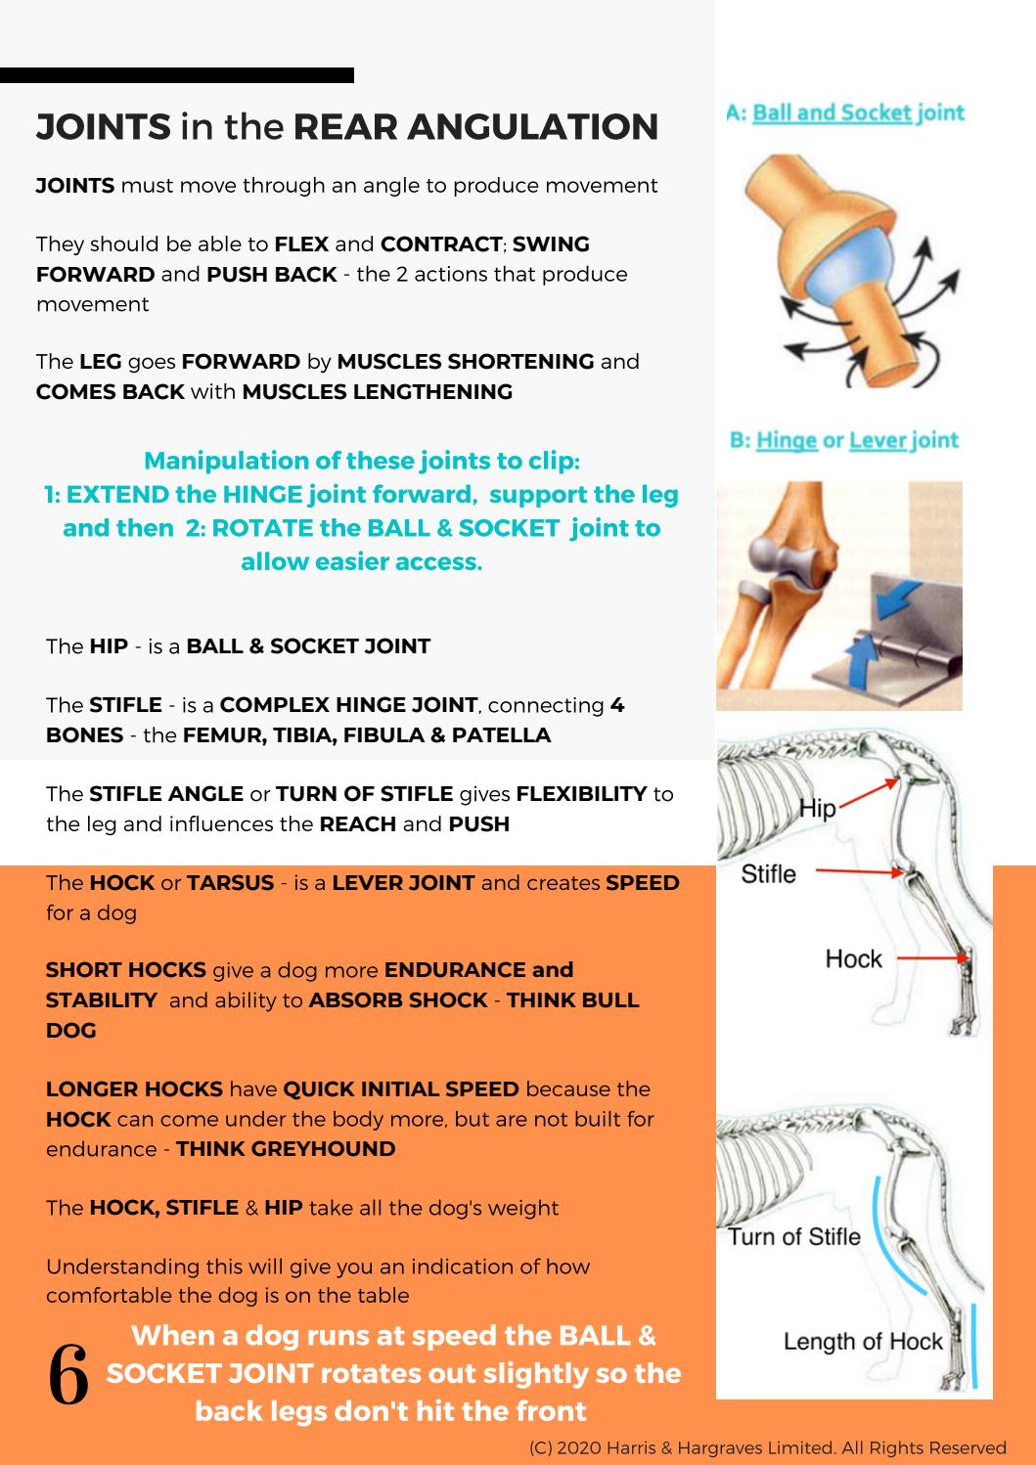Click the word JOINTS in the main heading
(103, 127)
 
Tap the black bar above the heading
(176, 75)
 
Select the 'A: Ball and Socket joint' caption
(845, 112)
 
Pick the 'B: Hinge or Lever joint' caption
(844, 440)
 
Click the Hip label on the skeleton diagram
(817, 808)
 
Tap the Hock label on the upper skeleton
(853, 958)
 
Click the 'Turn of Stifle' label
(793, 1236)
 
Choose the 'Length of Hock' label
(862, 1341)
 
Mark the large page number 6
(68, 1375)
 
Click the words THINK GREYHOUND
(286, 1148)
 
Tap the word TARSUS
(230, 882)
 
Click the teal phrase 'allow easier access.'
(361, 561)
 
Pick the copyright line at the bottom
(767, 1447)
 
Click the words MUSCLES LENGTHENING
(377, 391)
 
